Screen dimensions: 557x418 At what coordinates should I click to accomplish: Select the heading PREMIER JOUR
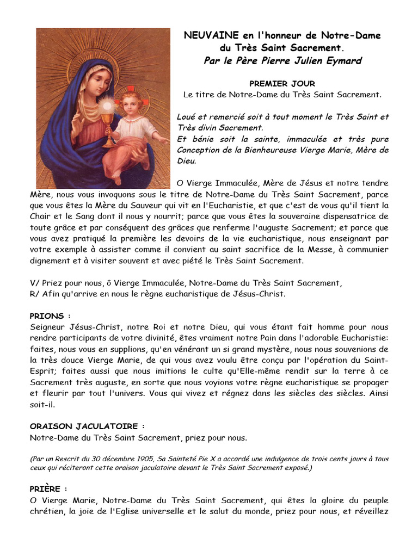pos(282,84)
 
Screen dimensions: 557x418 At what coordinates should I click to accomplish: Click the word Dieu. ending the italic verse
pos(187,161)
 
